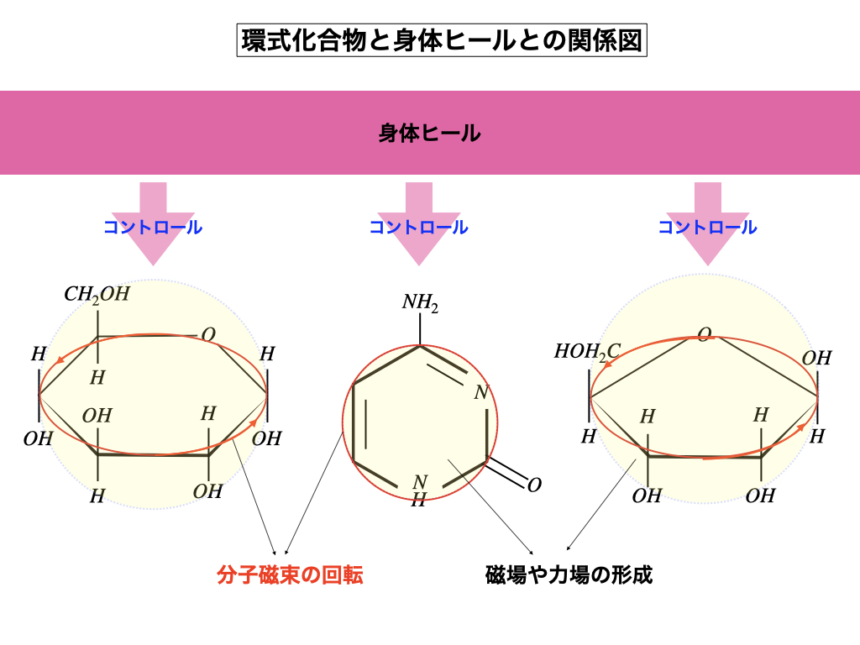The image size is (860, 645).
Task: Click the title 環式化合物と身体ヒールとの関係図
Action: (x=443, y=39)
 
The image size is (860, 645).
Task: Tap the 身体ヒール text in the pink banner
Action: (x=429, y=133)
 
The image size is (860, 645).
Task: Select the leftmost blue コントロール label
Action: (x=153, y=227)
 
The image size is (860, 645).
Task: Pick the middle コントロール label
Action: (x=418, y=227)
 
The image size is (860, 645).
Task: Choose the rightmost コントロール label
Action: (x=707, y=227)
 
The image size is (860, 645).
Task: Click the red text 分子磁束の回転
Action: (x=290, y=575)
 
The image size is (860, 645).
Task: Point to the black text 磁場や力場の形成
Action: (x=569, y=575)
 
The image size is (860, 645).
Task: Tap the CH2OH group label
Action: (x=97, y=295)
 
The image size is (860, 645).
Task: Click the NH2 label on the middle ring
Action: (x=420, y=302)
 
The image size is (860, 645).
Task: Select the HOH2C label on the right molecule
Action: (x=586, y=351)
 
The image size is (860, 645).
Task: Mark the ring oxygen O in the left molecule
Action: (x=208, y=334)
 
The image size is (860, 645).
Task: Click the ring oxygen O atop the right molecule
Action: (x=705, y=334)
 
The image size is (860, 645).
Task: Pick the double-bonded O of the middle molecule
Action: (x=534, y=485)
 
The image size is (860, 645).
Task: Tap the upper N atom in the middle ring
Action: (x=480, y=392)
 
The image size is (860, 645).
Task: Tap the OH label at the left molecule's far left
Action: (x=39, y=438)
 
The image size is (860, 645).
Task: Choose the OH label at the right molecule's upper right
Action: (x=815, y=359)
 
